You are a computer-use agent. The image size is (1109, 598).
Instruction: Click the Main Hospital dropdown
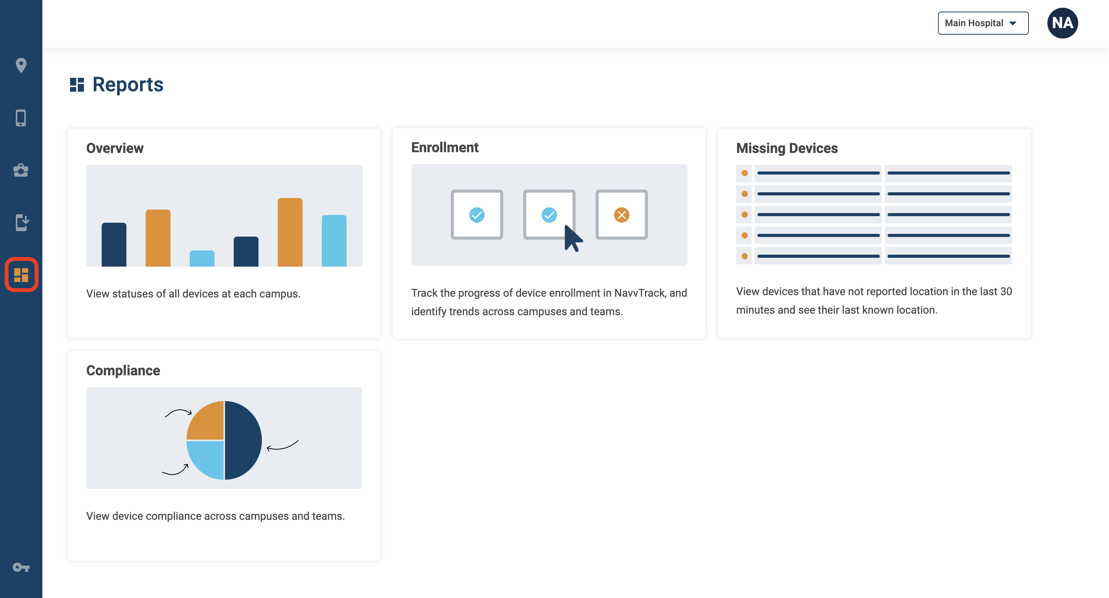click(x=983, y=23)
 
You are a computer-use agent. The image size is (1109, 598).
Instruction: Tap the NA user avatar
click(x=1062, y=23)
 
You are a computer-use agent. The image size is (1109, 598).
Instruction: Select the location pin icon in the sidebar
click(x=21, y=66)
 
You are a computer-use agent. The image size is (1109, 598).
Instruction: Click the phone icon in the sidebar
click(x=21, y=118)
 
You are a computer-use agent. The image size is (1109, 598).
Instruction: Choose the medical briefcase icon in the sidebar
click(x=21, y=170)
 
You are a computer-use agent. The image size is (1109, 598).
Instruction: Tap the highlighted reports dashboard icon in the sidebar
click(x=21, y=274)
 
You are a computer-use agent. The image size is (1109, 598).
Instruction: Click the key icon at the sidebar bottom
click(x=21, y=567)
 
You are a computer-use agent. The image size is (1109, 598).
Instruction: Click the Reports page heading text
click(x=128, y=84)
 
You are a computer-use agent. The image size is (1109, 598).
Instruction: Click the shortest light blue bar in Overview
click(x=202, y=259)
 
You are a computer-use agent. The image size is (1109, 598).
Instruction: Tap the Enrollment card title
click(x=445, y=147)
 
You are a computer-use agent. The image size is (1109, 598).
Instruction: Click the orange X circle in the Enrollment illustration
click(x=622, y=215)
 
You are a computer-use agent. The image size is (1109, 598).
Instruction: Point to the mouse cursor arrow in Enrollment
click(x=573, y=238)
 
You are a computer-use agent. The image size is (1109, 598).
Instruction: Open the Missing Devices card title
click(x=787, y=148)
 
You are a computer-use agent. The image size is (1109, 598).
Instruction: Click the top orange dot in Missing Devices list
click(x=744, y=173)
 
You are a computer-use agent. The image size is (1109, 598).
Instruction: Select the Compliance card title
click(x=123, y=371)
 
